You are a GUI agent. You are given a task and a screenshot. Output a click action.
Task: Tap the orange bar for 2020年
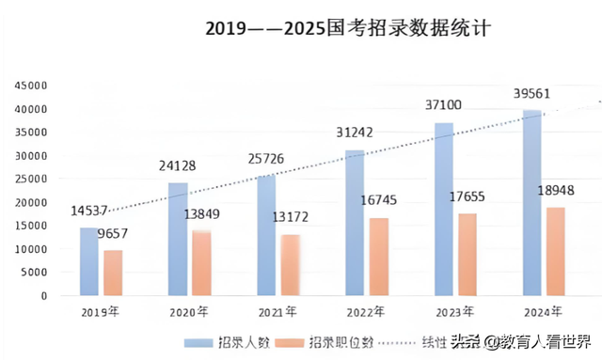[x=201, y=263]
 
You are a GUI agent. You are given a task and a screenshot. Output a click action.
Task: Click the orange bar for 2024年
[x=556, y=251]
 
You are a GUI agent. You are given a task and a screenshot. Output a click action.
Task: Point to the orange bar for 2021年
[x=291, y=265]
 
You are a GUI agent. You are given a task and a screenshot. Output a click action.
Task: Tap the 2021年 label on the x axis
[x=279, y=311]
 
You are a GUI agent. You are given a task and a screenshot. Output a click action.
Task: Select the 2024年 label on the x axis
[x=545, y=311]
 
